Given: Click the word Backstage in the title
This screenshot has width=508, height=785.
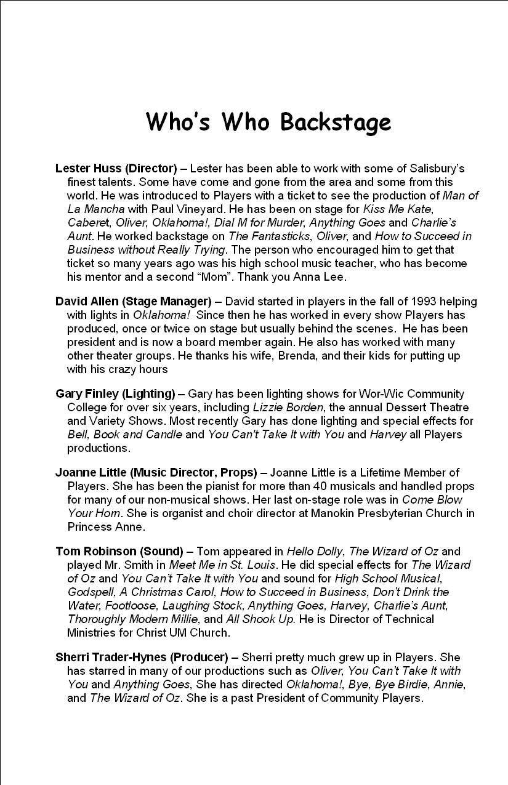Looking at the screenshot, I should [x=336, y=122].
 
